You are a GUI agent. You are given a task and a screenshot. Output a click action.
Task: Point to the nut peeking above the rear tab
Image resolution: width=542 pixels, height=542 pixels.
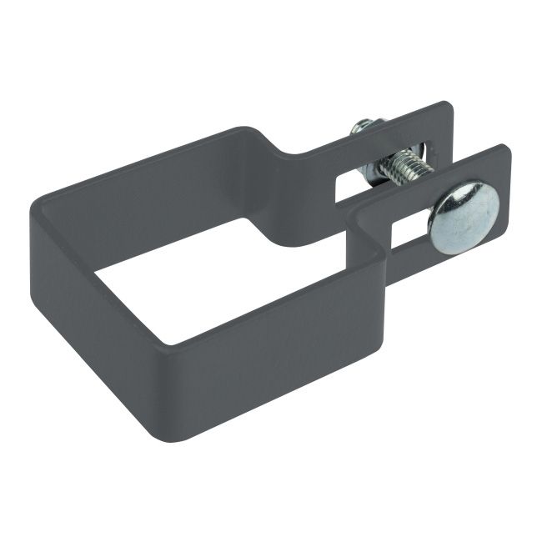coord(364,128)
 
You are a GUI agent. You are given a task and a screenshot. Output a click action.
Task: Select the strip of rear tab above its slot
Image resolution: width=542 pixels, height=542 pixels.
coord(392,129)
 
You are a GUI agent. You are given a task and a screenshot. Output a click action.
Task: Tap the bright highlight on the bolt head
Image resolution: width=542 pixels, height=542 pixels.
coord(454,204)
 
